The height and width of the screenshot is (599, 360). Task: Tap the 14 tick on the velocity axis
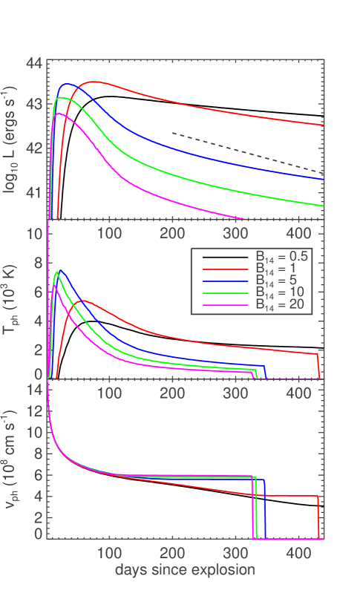pyautogui.click(x=33, y=389)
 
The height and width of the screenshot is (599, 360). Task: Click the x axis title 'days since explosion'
pyautogui.click(x=185, y=570)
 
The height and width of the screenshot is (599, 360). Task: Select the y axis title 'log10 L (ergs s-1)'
pyautogui.click(x=13, y=141)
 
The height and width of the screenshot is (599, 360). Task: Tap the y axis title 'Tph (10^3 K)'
pyautogui.click(x=13, y=301)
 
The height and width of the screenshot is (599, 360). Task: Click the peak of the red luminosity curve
pyautogui.click(x=94, y=82)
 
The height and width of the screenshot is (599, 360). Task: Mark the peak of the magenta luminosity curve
pyautogui.click(x=59, y=114)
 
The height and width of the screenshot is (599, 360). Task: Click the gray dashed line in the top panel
pyautogui.click(x=245, y=152)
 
